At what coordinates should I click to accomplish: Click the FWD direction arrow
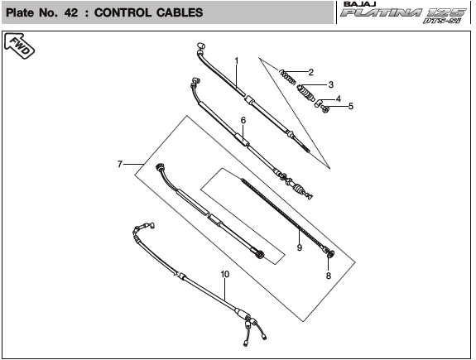pyautogui.click(x=19, y=46)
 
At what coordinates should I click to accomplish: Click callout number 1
pyautogui.click(x=237, y=61)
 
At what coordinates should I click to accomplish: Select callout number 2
pyautogui.click(x=310, y=72)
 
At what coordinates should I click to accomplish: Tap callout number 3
pyautogui.click(x=331, y=84)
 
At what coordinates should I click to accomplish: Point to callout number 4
pyautogui.click(x=339, y=98)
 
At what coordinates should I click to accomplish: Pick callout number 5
pyautogui.click(x=351, y=106)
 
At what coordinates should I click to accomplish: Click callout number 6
pyautogui.click(x=243, y=121)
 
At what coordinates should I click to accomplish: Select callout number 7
pyautogui.click(x=120, y=164)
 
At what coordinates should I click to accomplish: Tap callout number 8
pyautogui.click(x=329, y=276)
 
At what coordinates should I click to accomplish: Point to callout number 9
pyautogui.click(x=300, y=247)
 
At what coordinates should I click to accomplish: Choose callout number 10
pyautogui.click(x=225, y=275)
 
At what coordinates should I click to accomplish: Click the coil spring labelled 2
pyautogui.click(x=287, y=77)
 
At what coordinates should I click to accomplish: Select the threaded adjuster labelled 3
pyautogui.click(x=305, y=93)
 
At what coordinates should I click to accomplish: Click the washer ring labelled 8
pyautogui.click(x=331, y=254)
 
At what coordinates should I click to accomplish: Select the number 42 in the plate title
pyautogui.click(x=71, y=12)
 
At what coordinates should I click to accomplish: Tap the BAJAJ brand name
pyautogui.click(x=360, y=4)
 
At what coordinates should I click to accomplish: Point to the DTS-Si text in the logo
pyautogui.click(x=442, y=21)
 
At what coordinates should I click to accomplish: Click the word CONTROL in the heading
pyautogui.click(x=123, y=12)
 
